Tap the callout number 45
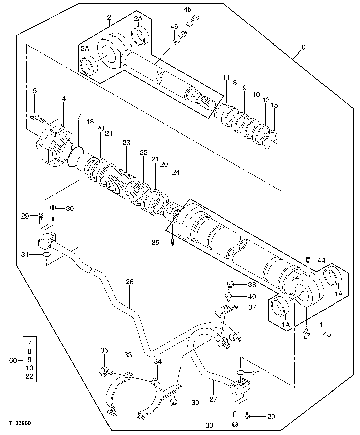pyautogui.click(x=188, y=9)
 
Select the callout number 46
pyautogui.click(x=174, y=26)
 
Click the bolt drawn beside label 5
pyautogui.click(x=37, y=117)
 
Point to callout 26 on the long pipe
pyautogui.click(x=129, y=282)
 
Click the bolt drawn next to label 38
pyautogui.click(x=230, y=285)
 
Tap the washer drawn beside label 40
pyautogui.click(x=228, y=297)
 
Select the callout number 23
pyautogui.click(x=126, y=142)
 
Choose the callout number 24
pyautogui.click(x=176, y=172)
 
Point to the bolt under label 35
pyautogui.click(x=104, y=371)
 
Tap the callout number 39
pyautogui.click(x=195, y=403)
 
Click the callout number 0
pyautogui.click(x=303, y=47)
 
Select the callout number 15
pyautogui.click(x=274, y=105)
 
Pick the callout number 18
pyautogui.click(x=90, y=122)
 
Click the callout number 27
pyautogui.click(x=213, y=399)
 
